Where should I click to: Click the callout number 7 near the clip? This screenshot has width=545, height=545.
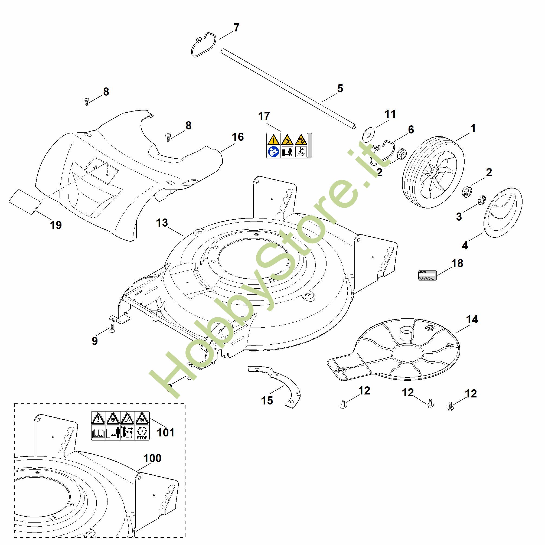pyautogui.click(x=236, y=28)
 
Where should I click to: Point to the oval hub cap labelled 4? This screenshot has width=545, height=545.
pyautogui.click(x=503, y=213)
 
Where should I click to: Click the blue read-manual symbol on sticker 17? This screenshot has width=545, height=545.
pyautogui.click(x=273, y=152)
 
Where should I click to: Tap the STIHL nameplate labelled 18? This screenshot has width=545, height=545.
pyautogui.click(x=427, y=275)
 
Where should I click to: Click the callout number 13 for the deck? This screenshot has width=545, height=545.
pyautogui.click(x=162, y=223)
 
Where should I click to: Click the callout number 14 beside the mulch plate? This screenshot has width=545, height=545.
pyautogui.click(x=472, y=320)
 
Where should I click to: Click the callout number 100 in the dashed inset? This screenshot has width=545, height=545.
pyautogui.click(x=152, y=458)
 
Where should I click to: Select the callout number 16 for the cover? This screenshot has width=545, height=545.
pyautogui.click(x=237, y=137)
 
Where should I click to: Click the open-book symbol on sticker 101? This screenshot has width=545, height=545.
pyautogui.click(x=99, y=433)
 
